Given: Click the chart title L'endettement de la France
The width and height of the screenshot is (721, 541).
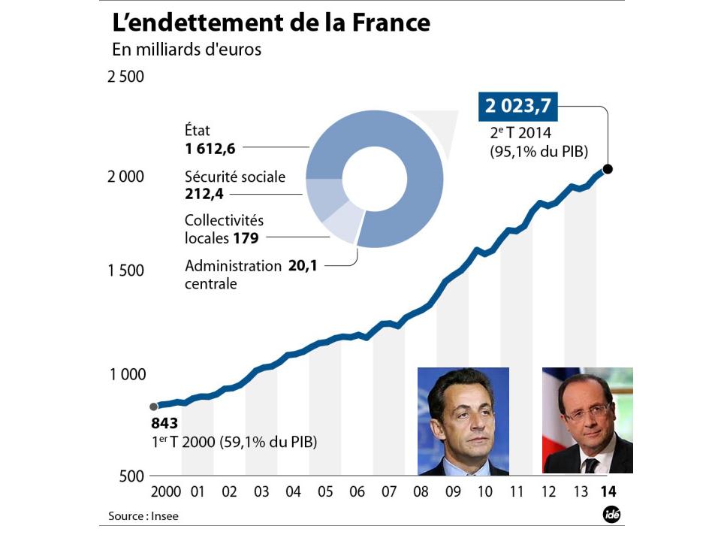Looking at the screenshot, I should (271, 22).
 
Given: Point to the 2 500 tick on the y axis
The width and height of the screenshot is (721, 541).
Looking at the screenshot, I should (125, 77).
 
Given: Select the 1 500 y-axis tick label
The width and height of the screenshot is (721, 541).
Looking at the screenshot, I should (125, 271).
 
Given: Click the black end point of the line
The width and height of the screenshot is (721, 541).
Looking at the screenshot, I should (608, 169).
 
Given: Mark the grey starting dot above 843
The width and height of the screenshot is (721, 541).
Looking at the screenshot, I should (154, 407).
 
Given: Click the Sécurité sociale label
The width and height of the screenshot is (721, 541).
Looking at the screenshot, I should (235, 177).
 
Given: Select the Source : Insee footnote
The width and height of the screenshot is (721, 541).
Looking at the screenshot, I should (143, 516).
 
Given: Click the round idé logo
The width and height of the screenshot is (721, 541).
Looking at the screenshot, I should (611, 515).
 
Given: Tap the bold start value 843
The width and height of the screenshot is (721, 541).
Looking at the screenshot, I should (164, 423).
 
